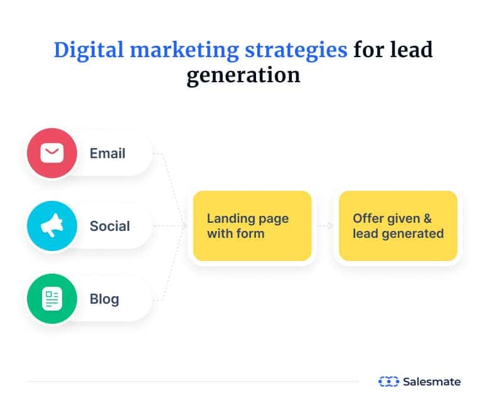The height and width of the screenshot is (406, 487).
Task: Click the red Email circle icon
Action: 52,153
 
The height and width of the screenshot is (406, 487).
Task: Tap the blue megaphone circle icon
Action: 52,226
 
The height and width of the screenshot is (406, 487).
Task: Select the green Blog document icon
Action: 52,299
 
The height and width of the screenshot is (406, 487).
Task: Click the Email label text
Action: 107,153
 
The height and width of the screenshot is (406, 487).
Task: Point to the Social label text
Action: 110,226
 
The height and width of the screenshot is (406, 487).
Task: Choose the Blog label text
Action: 104,299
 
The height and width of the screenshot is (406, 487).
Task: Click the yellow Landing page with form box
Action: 252,226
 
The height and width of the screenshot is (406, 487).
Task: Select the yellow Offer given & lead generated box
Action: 398,226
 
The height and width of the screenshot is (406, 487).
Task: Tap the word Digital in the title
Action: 89,50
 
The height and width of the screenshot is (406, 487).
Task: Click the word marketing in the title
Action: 185,50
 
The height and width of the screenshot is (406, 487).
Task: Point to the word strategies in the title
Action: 296,50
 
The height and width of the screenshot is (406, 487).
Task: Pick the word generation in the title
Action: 243,75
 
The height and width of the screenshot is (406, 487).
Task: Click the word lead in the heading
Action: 411,50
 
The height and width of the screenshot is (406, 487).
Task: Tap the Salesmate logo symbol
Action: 388,382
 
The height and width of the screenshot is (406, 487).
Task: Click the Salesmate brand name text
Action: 432,382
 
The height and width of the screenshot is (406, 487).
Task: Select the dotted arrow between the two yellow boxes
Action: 324,226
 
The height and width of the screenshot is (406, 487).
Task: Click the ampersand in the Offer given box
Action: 427,218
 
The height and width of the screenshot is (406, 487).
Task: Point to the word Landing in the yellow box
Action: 229,219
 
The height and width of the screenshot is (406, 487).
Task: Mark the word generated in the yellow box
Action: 413,233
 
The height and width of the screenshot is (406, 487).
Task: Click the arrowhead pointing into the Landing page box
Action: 185,226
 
